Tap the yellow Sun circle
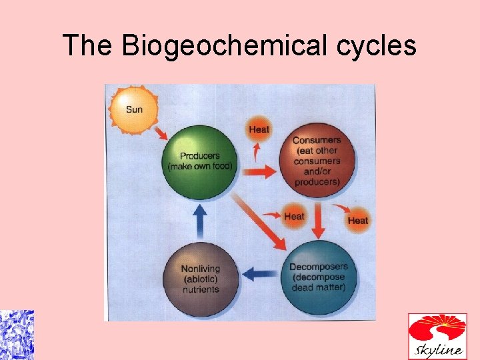(133, 109)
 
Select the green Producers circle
(201, 161)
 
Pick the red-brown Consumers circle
(317, 161)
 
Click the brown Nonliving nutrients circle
(200, 279)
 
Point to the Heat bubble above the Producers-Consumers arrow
(259, 129)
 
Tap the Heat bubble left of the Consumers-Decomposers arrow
(294, 216)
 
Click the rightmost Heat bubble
(357, 220)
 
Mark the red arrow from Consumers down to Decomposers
(318, 221)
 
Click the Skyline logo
(437, 336)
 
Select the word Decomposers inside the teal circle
(318, 267)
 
